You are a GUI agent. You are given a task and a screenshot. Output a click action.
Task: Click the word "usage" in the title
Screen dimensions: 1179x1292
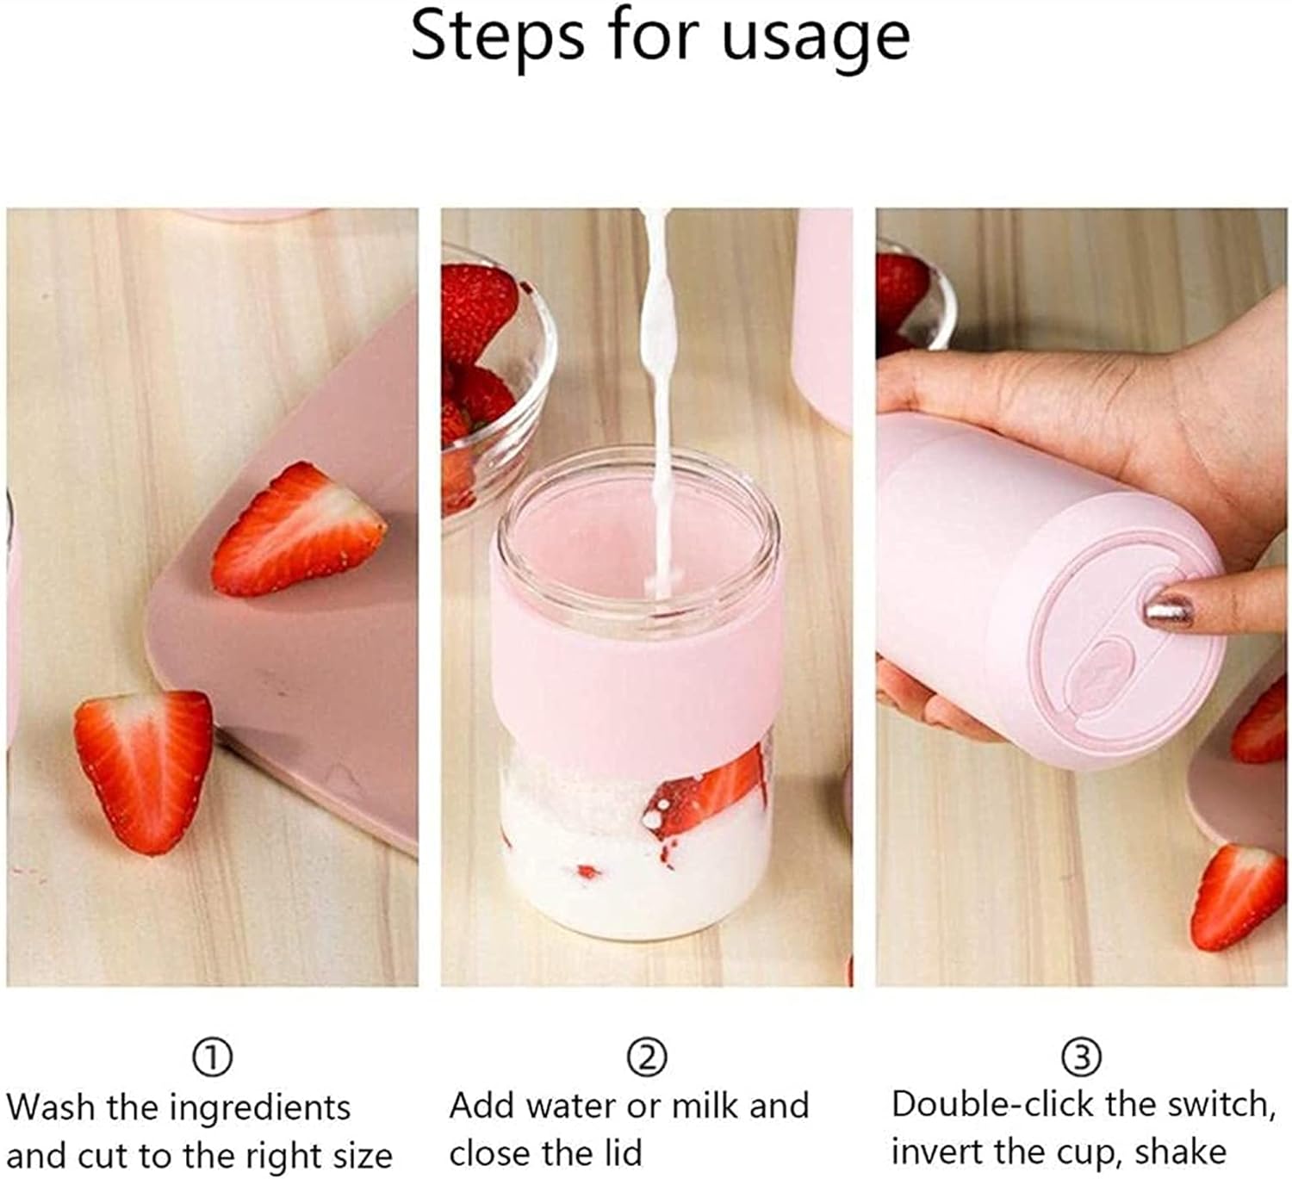pyautogui.click(x=815, y=38)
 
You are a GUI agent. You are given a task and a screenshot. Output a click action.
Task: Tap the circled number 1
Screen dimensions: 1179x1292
pyautogui.click(x=213, y=1057)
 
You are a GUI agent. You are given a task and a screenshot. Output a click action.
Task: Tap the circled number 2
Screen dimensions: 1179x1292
pyautogui.click(x=647, y=1057)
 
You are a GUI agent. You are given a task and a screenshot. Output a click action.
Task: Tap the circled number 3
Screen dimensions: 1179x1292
pyautogui.click(x=1082, y=1057)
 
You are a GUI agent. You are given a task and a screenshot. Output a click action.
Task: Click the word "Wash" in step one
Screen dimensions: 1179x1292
pyautogui.click(x=51, y=1107)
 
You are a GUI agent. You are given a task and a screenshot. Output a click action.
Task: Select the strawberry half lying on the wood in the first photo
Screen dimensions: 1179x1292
pyautogui.click(x=145, y=769)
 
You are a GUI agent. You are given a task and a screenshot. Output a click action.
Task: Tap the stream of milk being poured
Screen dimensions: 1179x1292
pyautogui.click(x=660, y=388)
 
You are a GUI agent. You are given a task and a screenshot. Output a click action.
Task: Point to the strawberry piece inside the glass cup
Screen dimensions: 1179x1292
pyautogui.click(x=706, y=792)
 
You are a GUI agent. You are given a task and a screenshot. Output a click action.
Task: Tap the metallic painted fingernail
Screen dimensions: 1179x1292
pyautogui.click(x=1168, y=611)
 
